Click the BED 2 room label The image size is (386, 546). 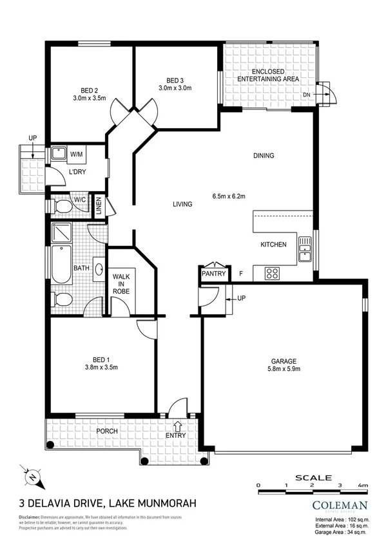89,90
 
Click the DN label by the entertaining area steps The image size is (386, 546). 306,95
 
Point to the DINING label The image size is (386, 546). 264,155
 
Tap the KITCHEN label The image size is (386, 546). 273,245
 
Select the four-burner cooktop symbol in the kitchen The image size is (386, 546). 272,273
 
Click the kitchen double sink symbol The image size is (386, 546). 305,249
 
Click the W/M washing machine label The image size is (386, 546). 76,155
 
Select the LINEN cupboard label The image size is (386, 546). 99,206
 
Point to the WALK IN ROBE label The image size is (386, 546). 122,283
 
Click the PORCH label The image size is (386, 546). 107,431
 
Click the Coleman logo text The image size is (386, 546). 340,505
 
